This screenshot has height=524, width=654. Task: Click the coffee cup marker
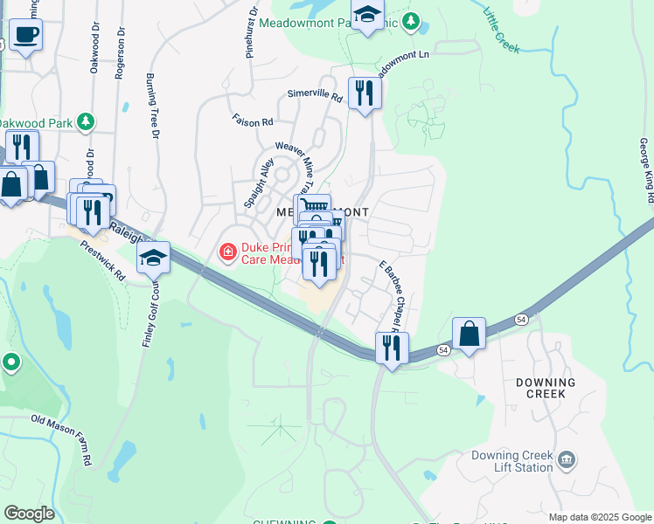tap(25, 35)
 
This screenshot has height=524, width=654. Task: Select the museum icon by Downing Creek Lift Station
tap(567, 459)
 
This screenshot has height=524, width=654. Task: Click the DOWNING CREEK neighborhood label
tap(546, 388)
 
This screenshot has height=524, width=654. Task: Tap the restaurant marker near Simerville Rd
tap(364, 92)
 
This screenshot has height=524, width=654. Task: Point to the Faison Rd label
tap(253, 121)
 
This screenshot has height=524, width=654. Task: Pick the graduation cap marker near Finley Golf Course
tap(153, 258)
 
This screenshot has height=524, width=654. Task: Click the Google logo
tap(29, 513)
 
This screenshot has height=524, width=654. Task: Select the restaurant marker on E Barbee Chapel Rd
tap(391, 348)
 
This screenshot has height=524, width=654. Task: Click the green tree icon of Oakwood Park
tap(86, 121)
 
